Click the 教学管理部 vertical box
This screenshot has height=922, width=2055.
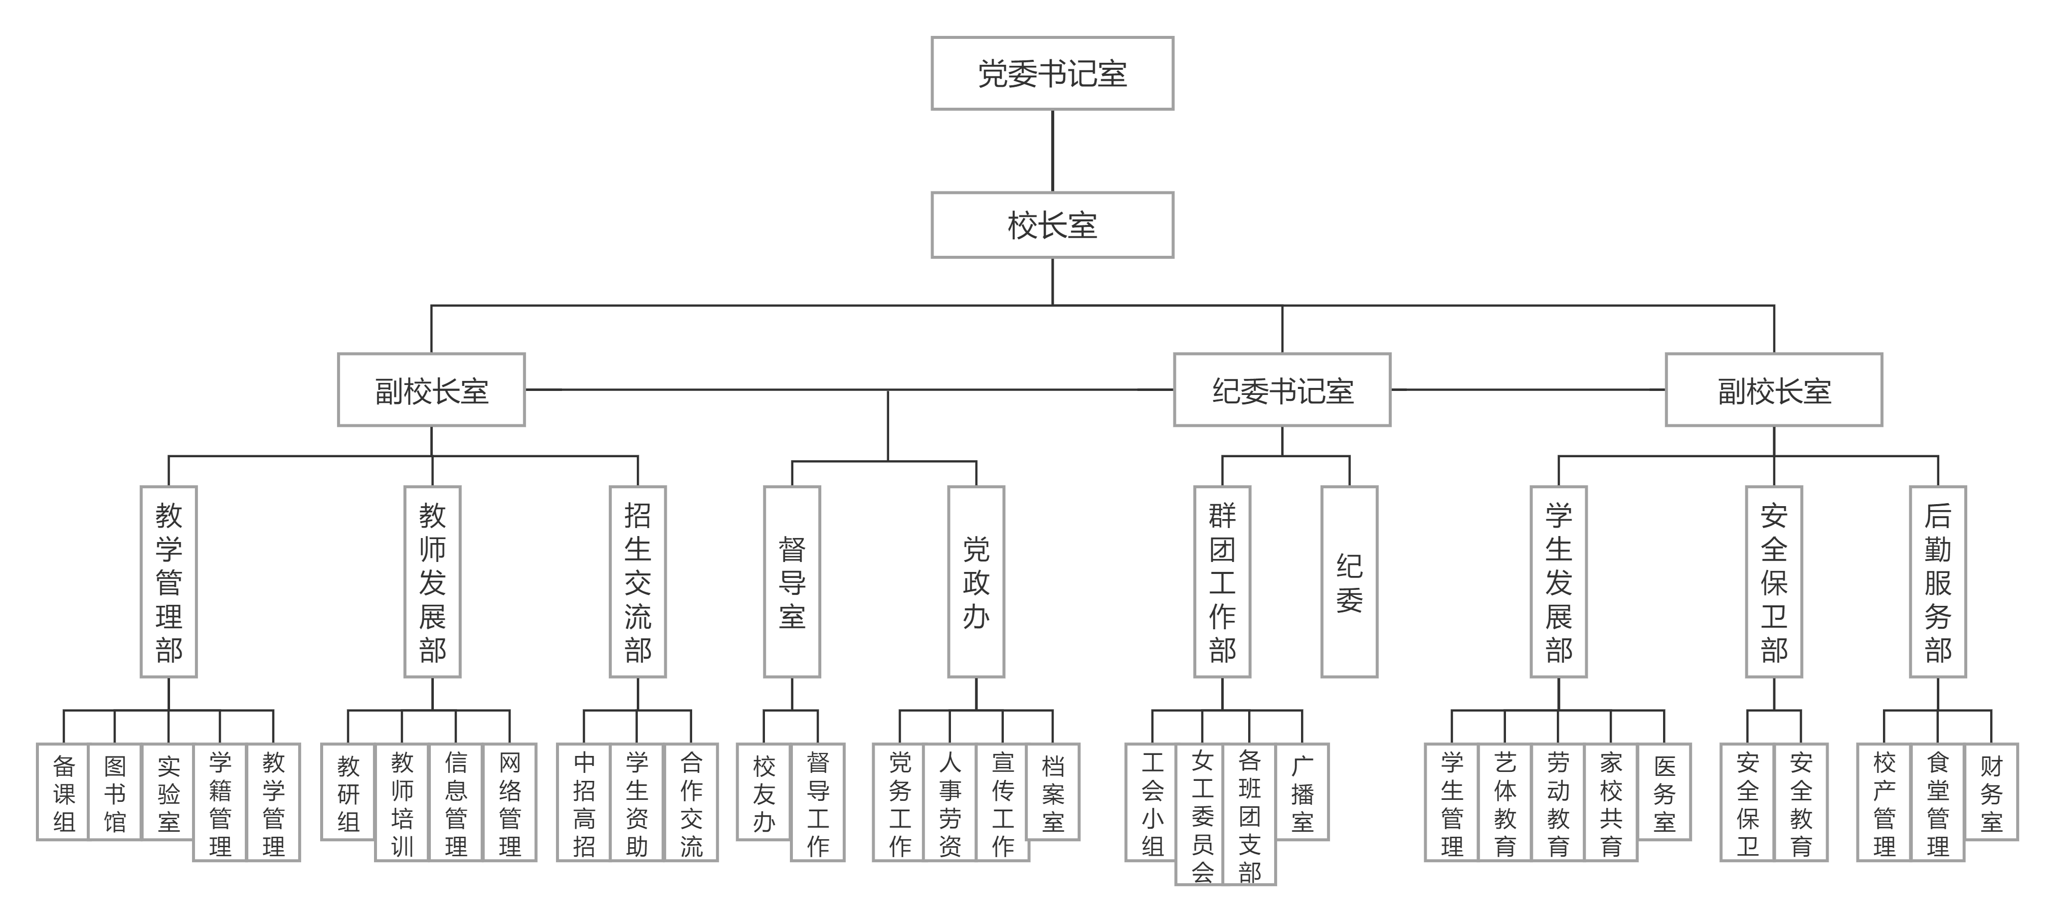coord(169,581)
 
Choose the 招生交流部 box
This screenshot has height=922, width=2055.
coord(637,581)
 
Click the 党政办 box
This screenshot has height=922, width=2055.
coord(976,581)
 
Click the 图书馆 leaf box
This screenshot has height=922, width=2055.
coord(115,792)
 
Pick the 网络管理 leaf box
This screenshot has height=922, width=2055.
coord(509,802)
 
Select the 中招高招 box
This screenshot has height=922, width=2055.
coord(584,802)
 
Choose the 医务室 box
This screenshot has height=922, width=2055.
coord(1664,792)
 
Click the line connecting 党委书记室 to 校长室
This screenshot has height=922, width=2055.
coord(1052,151)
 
